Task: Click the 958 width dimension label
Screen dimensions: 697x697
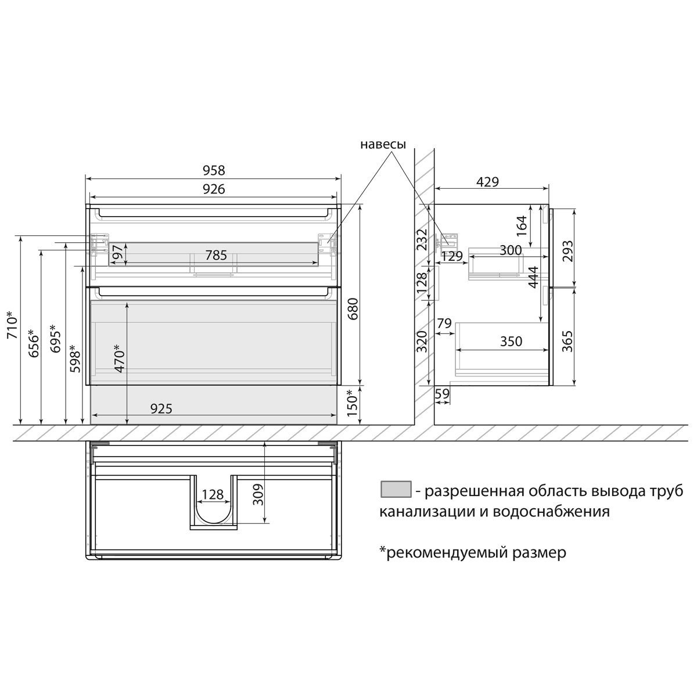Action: click(214, 170)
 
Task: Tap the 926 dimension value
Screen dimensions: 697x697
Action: click(214, 189)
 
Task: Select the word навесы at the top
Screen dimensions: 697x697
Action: click(383, 144)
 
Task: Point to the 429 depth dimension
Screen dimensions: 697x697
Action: click(487, 182)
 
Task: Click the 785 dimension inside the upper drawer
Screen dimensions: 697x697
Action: click(216, 256)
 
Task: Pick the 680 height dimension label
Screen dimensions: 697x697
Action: click(353, 308)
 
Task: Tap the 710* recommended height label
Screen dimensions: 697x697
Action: click(12, 325)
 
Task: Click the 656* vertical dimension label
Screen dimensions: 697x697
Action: click(34, 343)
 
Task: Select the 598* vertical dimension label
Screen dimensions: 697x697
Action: click(75, 358)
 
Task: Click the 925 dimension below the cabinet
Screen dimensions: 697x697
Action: click(161, 409)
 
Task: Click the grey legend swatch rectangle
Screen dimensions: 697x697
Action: click(396, 490)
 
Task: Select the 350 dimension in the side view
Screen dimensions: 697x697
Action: click(511, 341)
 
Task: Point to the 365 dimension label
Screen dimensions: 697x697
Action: click(567, 341)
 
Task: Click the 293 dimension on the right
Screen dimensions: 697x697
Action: click(567, 252)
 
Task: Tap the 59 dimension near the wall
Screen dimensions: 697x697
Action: click(442, 393)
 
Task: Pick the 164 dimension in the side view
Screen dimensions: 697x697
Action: click(521, 226)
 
